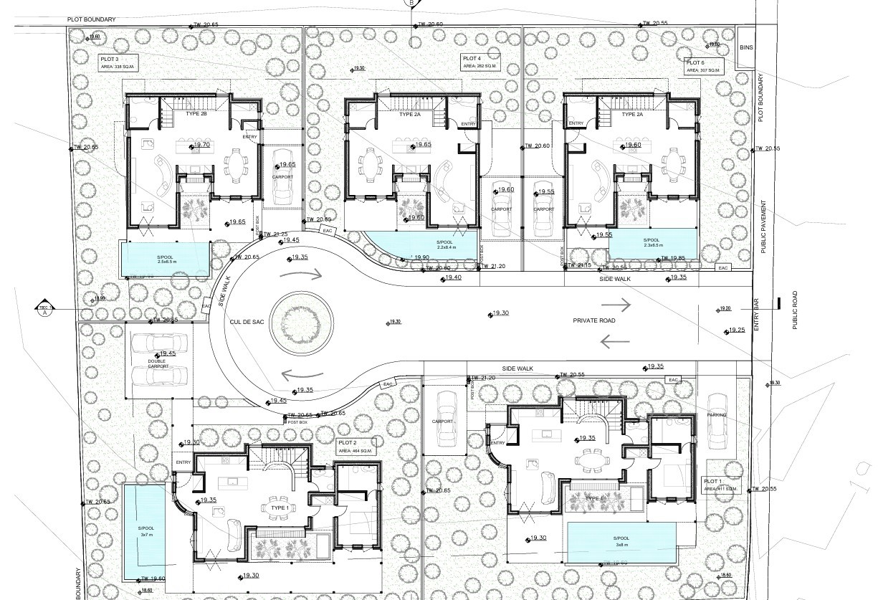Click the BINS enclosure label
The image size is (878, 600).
tap(746, 47)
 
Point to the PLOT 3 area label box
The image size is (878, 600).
tap(117, 62)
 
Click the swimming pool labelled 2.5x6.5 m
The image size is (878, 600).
tap(165, 258)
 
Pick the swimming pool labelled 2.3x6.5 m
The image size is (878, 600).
tap(652, 243)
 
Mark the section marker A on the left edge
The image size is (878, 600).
tap(44, 308)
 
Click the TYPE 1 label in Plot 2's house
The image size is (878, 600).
tap(279, 507)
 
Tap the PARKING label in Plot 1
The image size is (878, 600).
tap(716, 415)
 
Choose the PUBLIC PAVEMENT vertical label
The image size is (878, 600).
tap(763, 227)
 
